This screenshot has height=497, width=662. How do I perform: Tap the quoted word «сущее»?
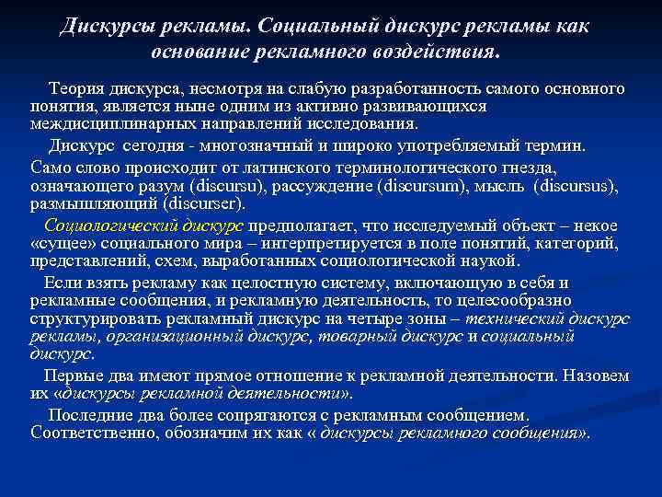pyautogui.click(x=62, y=244)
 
